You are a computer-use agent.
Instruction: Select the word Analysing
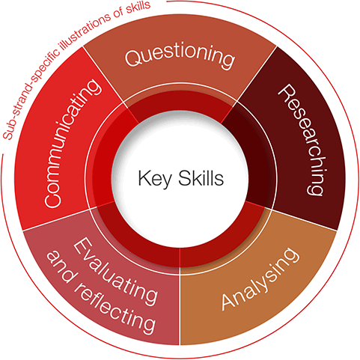tap(260, 279)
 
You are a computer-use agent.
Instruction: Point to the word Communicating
tap(73, 143)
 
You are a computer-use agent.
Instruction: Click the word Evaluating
tap(115, 271)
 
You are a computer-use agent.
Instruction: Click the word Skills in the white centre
tap(201, 177)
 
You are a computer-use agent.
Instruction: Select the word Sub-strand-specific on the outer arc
tap(31, 89)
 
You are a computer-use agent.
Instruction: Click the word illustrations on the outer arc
tap(85, 29)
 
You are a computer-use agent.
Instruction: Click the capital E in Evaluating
tap(81, 246)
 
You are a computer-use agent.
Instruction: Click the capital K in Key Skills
tap(144, 178)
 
